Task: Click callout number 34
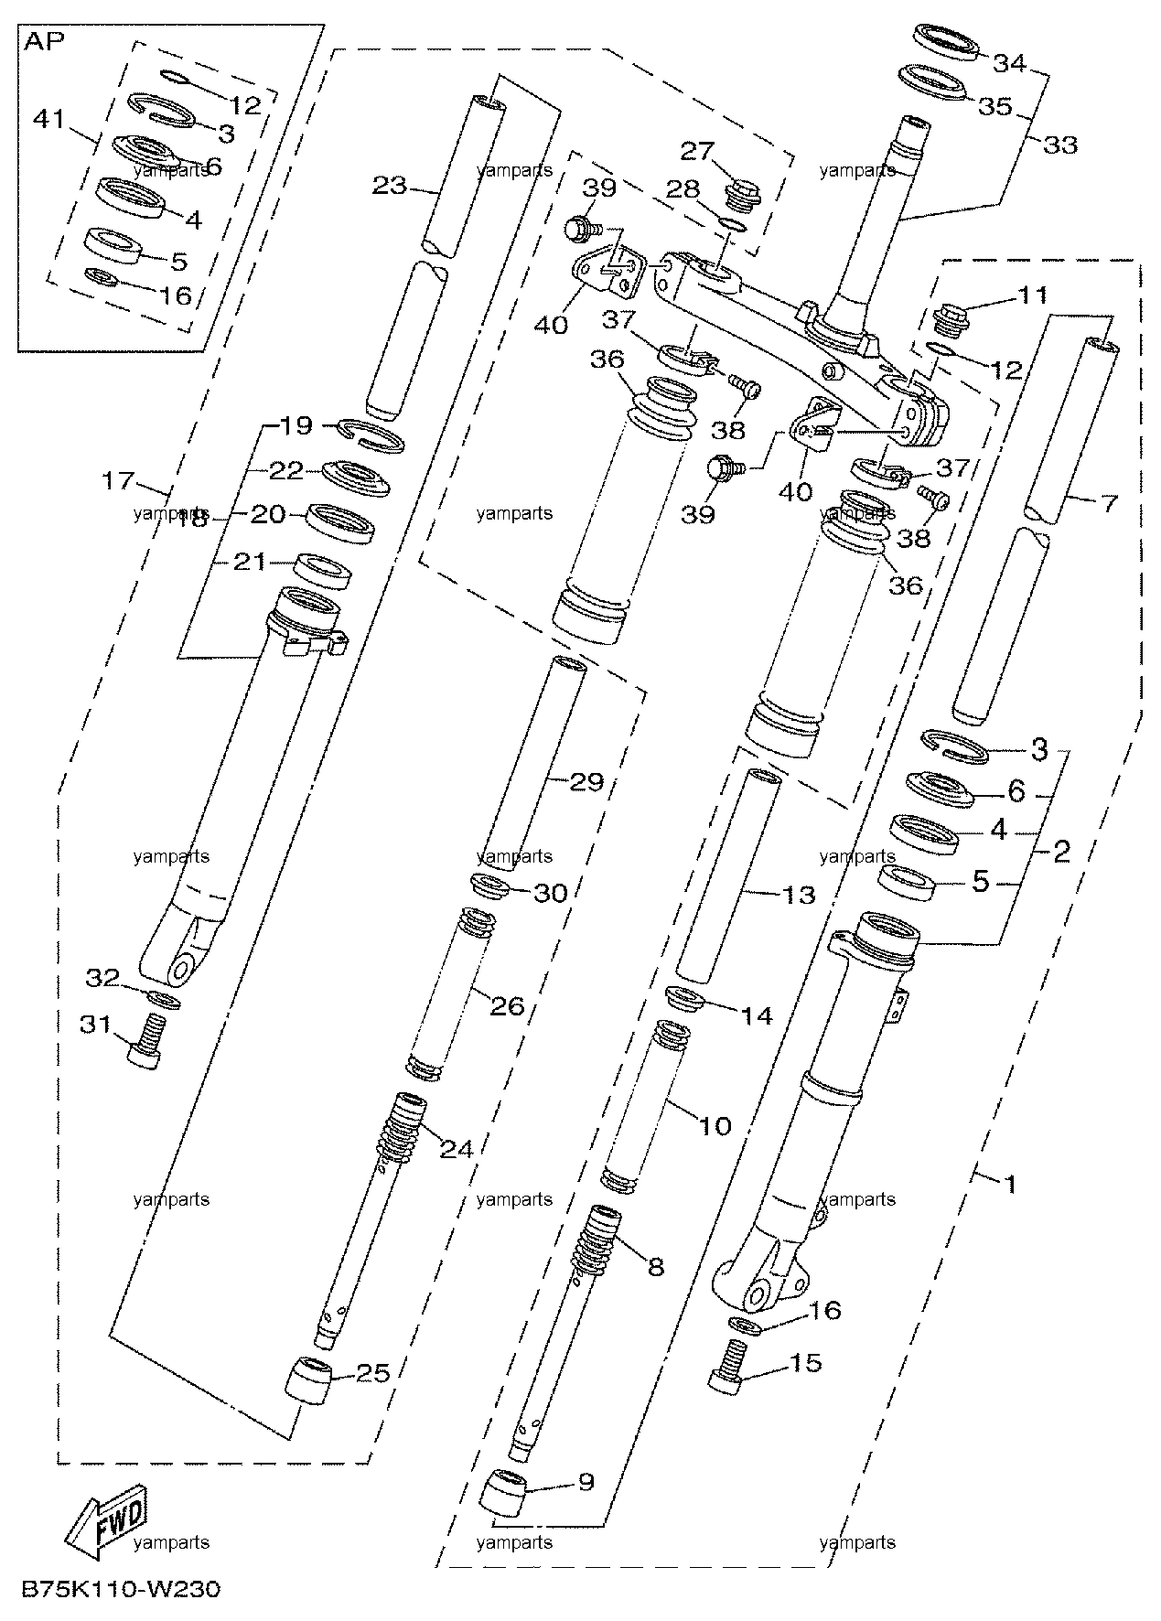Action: click(1010, 63)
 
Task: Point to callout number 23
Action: click(389, 185)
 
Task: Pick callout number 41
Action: click(51, 118)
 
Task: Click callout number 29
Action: click(587, 781)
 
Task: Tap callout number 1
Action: click(1011, 1184)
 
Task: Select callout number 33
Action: click(1060, 145)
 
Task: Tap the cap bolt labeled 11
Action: click(949, 320)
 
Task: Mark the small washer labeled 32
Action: click(164, 999)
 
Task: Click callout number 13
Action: click(798, 894)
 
